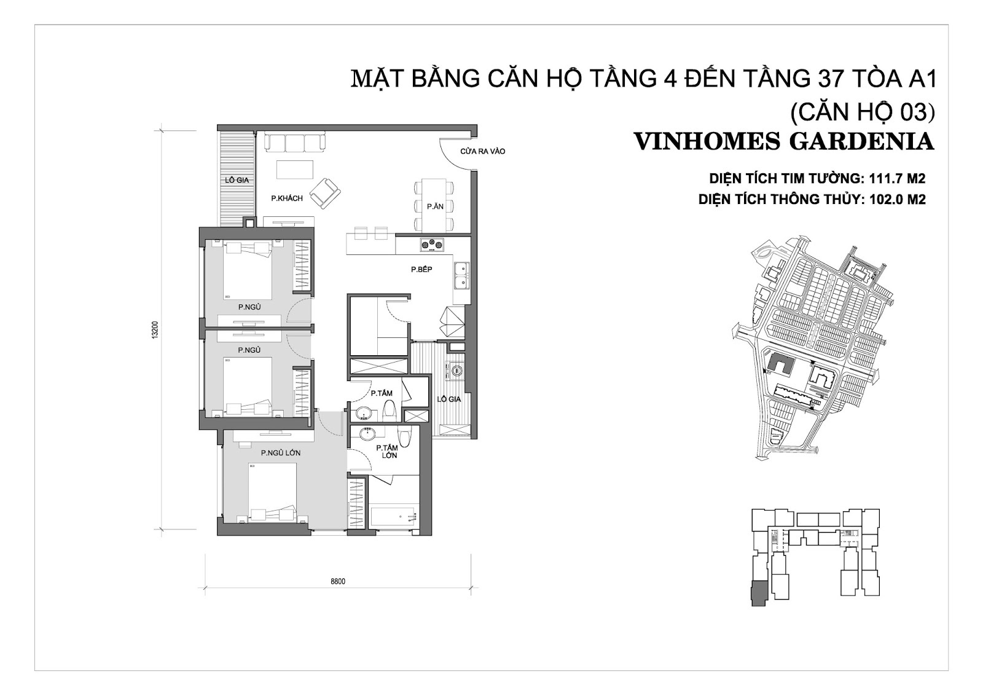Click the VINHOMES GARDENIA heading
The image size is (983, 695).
click(x=785, y=142)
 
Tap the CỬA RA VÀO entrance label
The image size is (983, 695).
click(x=483, y=151)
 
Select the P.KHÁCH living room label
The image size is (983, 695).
click(x=287, y=198)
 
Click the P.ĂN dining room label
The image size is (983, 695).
click(x=436, y=206)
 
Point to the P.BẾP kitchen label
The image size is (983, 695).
click(x=421, y=270)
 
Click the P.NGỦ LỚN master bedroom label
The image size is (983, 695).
click(x=280, y=453)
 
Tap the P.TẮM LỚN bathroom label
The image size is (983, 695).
click(x=386, y=451)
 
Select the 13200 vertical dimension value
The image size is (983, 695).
click(x=154, y=330)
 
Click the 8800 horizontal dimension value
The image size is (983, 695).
click(x=338, y=581)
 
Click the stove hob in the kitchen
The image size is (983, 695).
click(x=433, y=245)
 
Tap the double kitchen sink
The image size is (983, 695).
click(x=461, y=276)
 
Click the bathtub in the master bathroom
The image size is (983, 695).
click(x=393, y=517)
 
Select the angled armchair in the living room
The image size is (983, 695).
click(x=325, y=193)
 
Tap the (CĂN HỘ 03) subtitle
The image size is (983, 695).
click(x=863, y=113)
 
